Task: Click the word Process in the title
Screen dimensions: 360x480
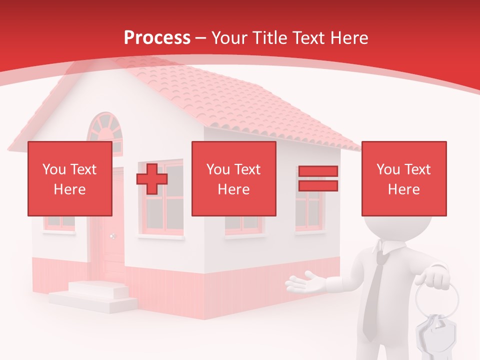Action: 157,37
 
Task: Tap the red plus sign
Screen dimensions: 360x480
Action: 152,178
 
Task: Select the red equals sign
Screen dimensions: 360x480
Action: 318,178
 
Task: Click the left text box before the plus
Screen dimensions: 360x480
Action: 69,178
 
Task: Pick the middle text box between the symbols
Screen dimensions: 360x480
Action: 233,178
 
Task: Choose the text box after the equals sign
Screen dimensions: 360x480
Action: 403,178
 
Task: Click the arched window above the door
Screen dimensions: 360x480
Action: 104,128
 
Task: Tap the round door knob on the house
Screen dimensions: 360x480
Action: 112,236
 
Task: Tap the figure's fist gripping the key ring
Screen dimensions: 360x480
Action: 433,277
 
